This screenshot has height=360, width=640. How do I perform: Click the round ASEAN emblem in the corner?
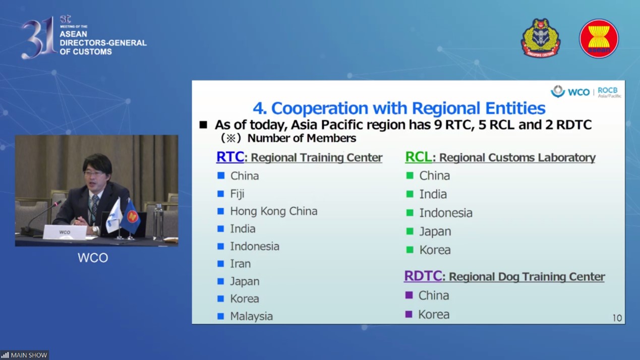tap(599, 38)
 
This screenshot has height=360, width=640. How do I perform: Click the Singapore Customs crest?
tap(541, 38)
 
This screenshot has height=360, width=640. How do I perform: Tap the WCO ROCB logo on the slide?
tap(586, 92)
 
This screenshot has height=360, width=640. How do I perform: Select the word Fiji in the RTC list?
tap(237, 194)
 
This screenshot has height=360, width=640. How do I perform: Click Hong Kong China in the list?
tap(274, 211)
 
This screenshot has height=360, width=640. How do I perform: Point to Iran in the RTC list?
tap(240, 264)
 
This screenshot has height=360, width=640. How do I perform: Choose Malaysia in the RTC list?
tap(252, 316)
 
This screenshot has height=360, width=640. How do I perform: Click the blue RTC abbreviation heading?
tap(230, 157)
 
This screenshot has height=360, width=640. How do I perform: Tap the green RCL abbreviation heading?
tap(419, 157)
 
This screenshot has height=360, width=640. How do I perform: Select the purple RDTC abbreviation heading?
tap(423, 276)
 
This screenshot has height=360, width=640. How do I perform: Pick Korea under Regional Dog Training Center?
tap(434, 315)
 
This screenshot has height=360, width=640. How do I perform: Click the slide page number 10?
tap(617, 318)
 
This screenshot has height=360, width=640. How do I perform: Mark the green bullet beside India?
tap(410, 194)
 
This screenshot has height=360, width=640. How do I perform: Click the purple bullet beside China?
tap(409, 295)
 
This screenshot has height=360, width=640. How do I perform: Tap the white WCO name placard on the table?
tap(65, 232)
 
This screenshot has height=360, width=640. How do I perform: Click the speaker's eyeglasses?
tap(94, 173)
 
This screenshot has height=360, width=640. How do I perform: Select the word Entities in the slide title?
tap(515, 108)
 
